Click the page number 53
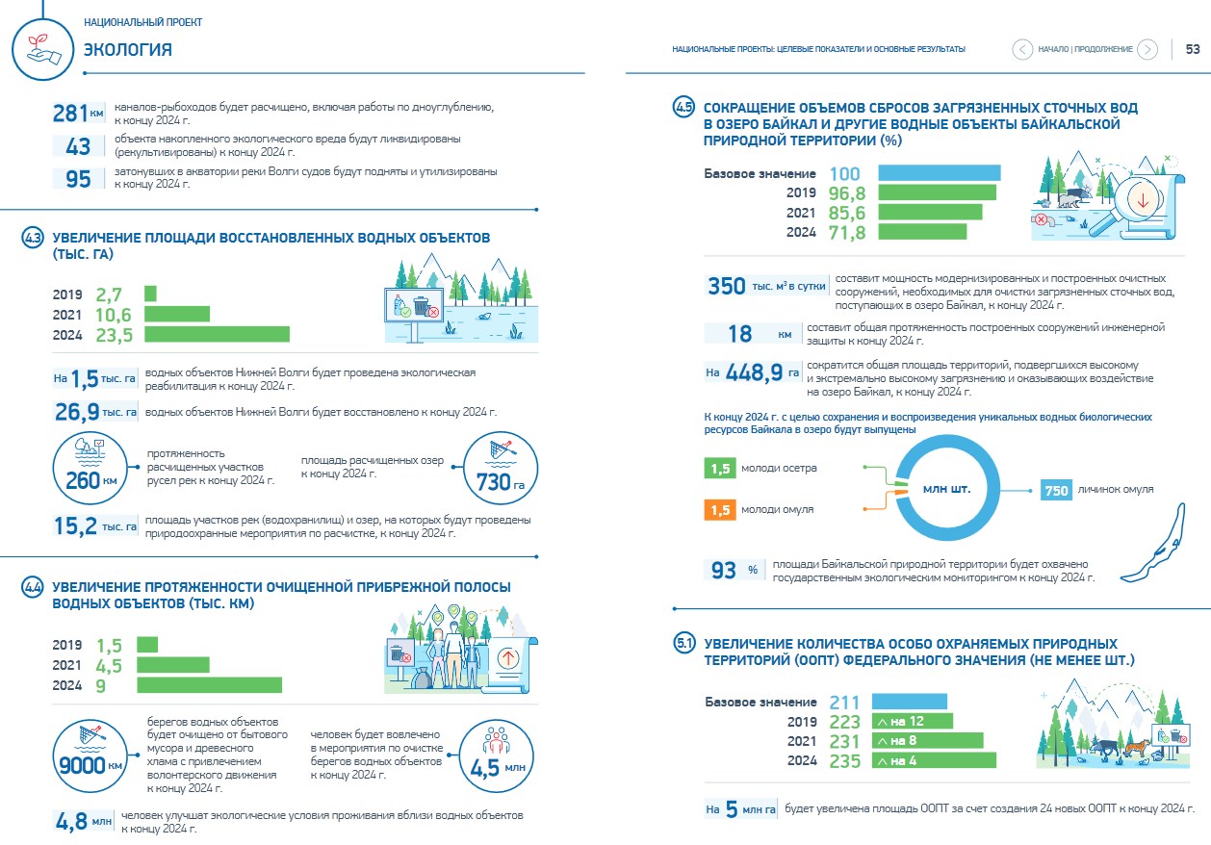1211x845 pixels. tap(1192, 49)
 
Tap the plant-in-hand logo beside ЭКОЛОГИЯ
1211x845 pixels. tap(42, 49)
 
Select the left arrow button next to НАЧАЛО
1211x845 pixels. tap(1021, 49)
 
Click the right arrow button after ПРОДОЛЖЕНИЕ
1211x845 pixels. tap(1147, 49)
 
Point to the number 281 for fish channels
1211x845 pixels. tap(69, 114)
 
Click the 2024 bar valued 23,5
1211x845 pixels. tap(217, 334)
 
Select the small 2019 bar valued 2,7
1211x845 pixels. tap(150, 294)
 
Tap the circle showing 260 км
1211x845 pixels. tap(90, 468)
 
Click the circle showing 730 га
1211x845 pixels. tap(501, 468)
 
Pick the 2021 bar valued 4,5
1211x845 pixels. tap(173, 664)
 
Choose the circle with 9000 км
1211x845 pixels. tap(90, 755)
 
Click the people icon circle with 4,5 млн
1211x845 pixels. tap(497, 755)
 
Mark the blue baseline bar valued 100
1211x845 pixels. tap(940, 173)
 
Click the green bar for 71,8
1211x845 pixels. tap(922, 232)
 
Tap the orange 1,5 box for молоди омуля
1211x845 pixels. tap(719, 510)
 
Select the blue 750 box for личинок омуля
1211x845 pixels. tap(1056, 490)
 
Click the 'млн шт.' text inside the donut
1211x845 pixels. tap(946, 489)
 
